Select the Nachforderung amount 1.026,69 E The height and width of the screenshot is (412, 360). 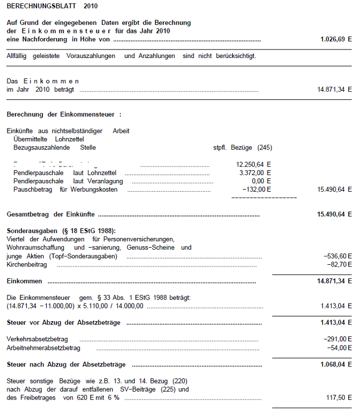[x=336, y=40]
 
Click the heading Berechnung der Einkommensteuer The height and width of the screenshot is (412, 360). [x=64, y=114]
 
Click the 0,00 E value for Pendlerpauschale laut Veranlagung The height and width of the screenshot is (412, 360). [x=261, y=181]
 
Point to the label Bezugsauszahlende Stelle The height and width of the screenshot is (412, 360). [x=55, y=147]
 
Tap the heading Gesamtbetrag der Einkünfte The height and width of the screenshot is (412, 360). [x=52, y=214]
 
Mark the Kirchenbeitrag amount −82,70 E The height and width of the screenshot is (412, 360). [x=340, y=265]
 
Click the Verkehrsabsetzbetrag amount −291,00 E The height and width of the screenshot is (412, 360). [x=338, y=339]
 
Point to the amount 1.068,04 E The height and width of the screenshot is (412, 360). [x=336, y=364]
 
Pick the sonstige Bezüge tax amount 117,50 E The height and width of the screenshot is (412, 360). [x=340, y=397]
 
